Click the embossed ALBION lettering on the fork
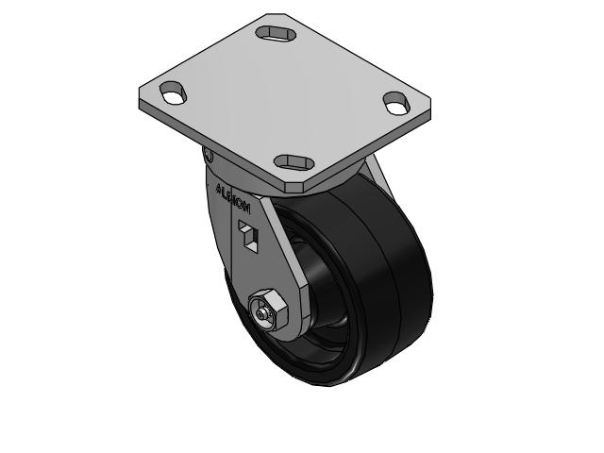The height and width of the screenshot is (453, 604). tap(232, 197)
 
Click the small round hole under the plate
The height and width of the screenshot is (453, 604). tap(210, 156)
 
